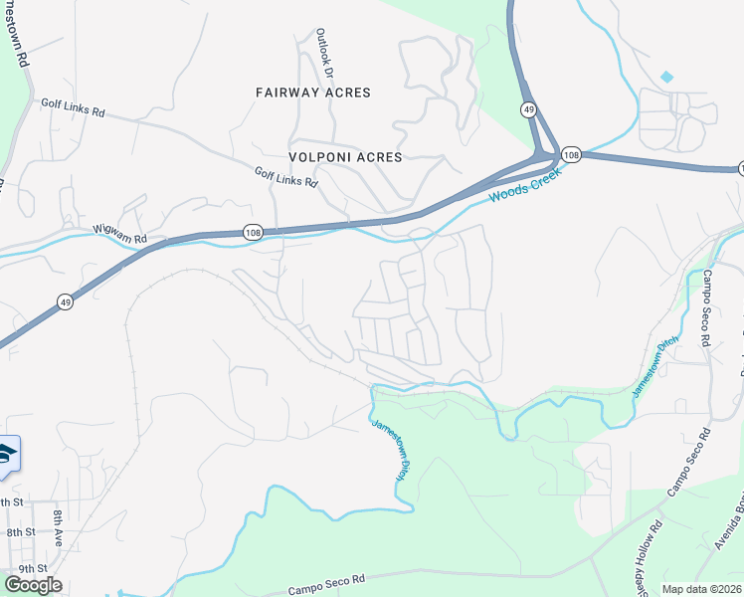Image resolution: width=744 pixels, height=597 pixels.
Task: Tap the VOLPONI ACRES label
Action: point(345,157)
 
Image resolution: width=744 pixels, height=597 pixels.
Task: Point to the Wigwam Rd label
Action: point(119,235)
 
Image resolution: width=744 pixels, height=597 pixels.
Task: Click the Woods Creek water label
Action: point(524,185)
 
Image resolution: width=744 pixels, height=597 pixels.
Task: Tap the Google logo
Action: point(32,585)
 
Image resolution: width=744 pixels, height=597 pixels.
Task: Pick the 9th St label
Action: point(20,568)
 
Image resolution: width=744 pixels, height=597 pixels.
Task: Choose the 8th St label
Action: point(20,532)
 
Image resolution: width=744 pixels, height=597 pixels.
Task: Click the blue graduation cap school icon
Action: point(6,454)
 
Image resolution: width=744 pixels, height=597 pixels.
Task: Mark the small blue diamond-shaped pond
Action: point(666,77)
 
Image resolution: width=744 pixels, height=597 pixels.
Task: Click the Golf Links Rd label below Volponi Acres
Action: point(285,178)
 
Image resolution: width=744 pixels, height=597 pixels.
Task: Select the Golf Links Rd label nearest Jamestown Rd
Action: point(73,107)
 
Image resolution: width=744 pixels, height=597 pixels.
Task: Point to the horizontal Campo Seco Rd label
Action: point(327,582)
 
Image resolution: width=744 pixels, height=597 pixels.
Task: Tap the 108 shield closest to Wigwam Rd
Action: point(253,232)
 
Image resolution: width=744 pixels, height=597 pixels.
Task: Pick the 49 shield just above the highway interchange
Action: point(528,108)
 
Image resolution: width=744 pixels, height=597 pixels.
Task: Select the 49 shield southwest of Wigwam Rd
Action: point(64,301)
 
